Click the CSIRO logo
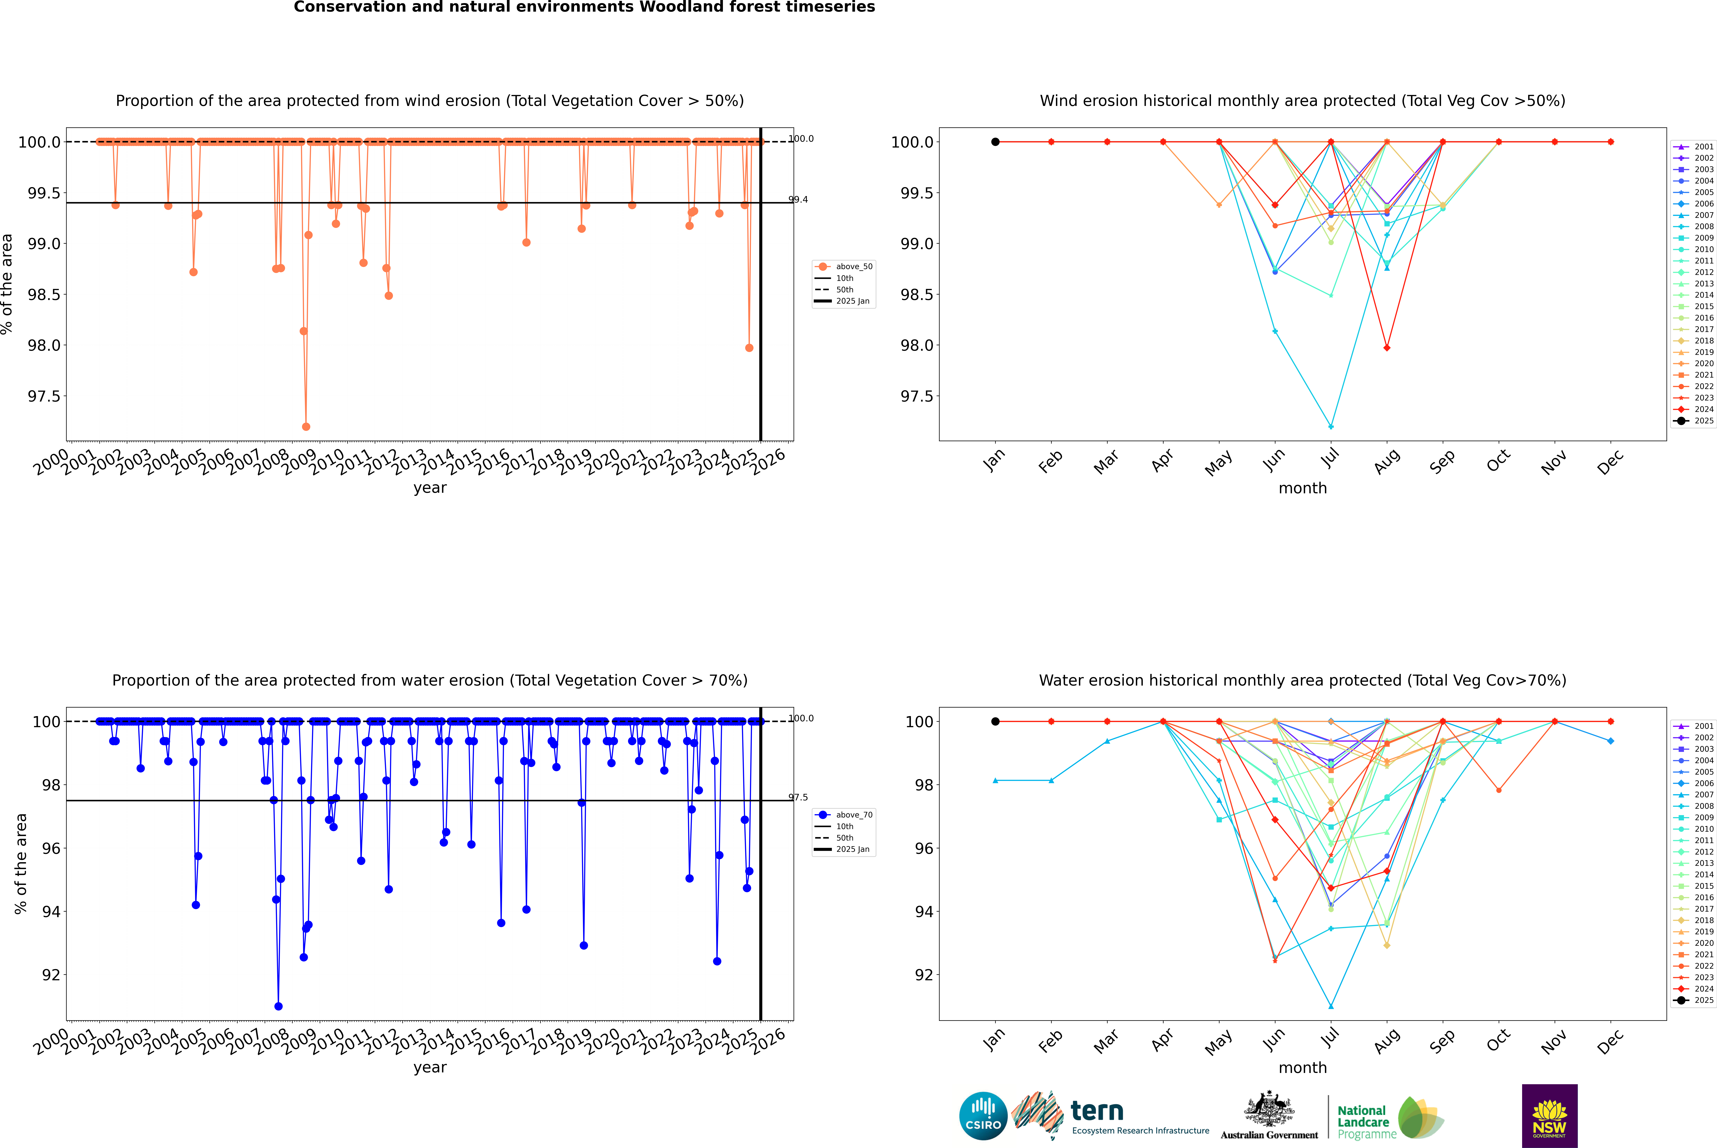point(983,1116)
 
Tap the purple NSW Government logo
point(1549,1116)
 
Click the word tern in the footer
point(1096,1111)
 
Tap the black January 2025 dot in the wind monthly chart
point(995,142)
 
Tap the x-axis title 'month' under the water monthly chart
point(1302,1068)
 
